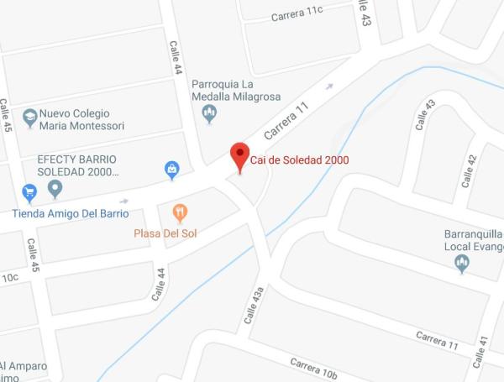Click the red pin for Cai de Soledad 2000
pos(240,156)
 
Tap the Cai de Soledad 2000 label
pos(300,160)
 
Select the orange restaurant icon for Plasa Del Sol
pos(179,212)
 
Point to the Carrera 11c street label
pos(297,13)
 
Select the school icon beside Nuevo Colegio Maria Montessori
pos(30,118)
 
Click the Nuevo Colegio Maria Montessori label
pos(81,119)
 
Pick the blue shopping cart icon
pos(29,192)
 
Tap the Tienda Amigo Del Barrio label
pos(71,213)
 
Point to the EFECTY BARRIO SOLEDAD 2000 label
pos(76,165)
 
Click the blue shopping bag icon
pos(172,170)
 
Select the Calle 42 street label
pos(470,170)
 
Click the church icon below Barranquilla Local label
pos(461,264)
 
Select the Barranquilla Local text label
pos(474,240)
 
